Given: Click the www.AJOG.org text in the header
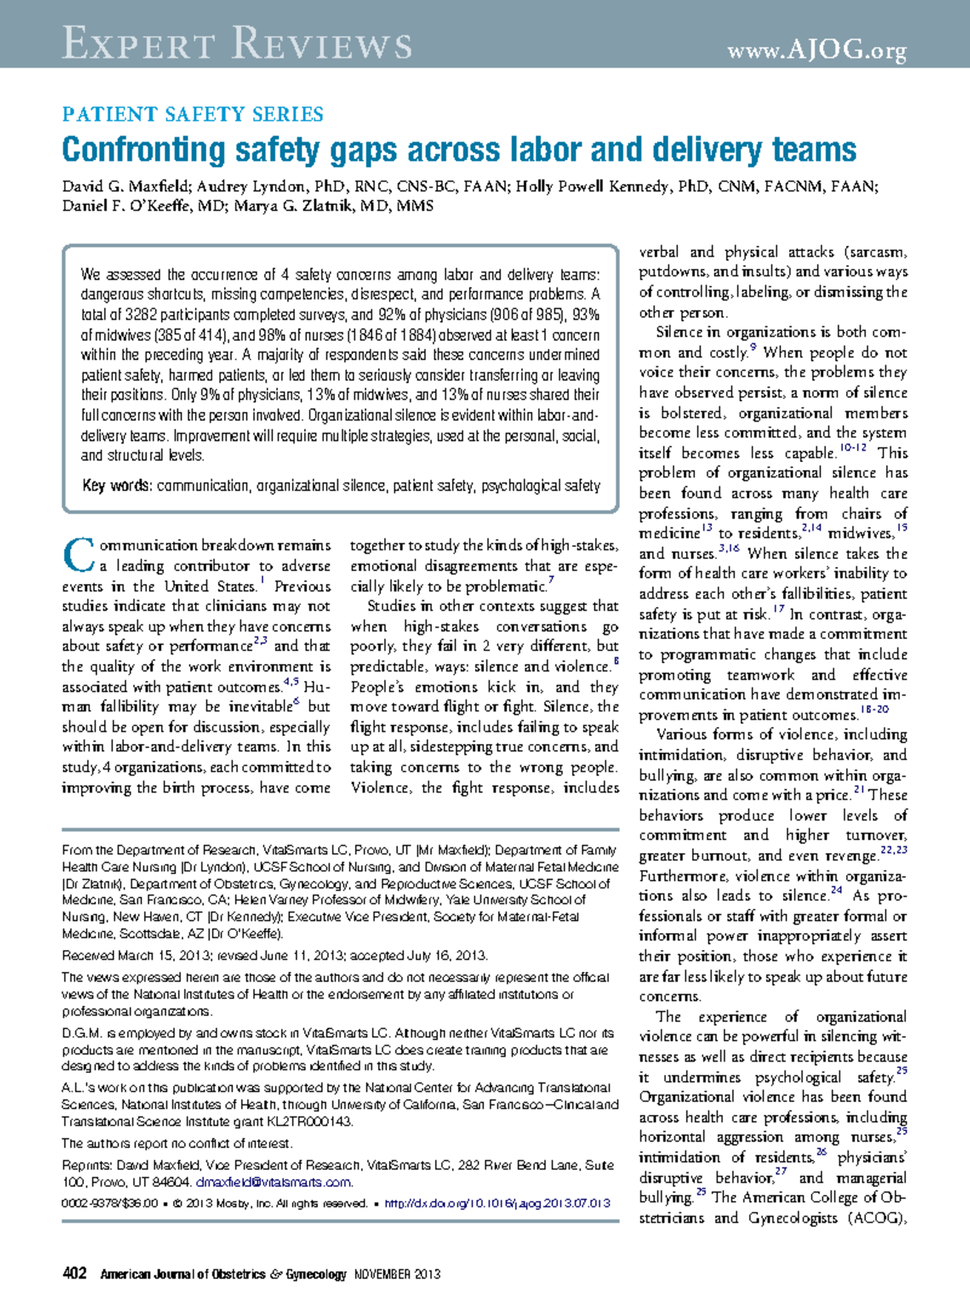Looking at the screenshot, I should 816,51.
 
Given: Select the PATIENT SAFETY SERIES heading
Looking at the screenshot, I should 193,114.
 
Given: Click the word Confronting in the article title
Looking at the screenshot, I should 144,150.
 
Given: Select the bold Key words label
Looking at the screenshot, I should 116,485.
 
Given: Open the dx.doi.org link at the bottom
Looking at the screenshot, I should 497,1203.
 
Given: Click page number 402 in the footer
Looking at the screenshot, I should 74,1274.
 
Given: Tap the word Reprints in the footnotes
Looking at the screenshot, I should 86,1165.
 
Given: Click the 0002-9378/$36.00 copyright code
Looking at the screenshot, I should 110,1203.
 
